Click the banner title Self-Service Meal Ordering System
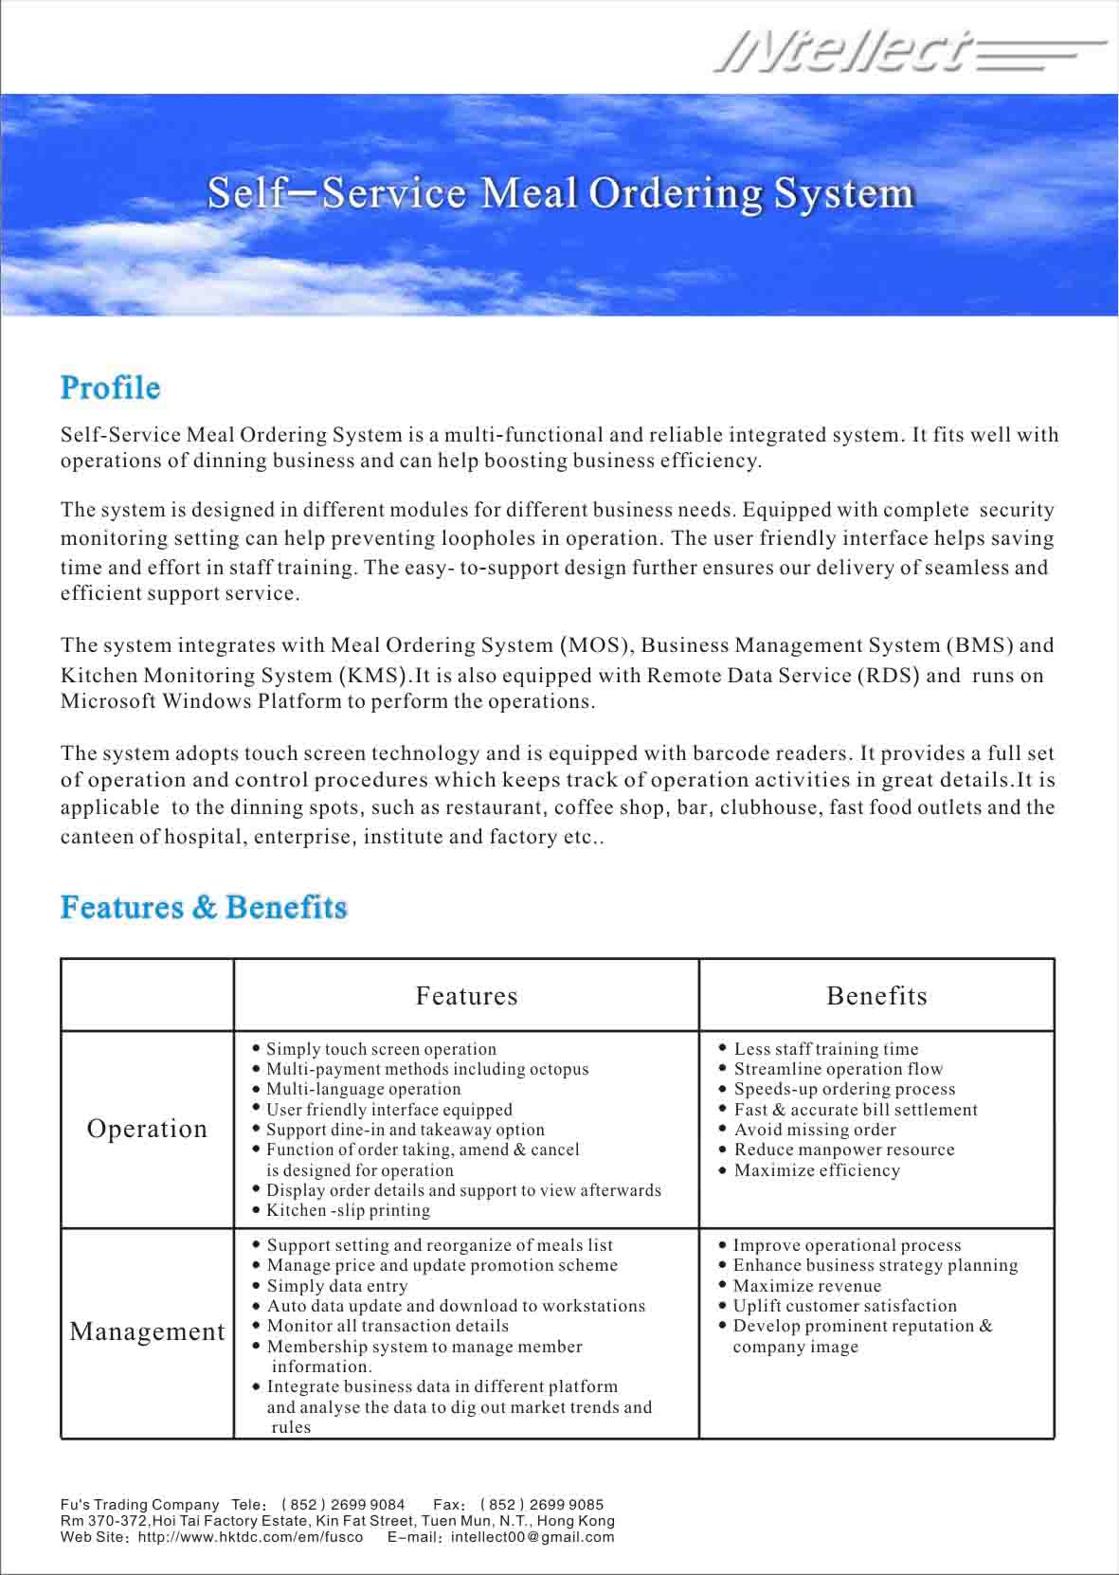561,193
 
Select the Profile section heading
110,388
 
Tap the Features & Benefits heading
204,907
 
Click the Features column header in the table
466,996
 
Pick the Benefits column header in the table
876,996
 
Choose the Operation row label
147,1129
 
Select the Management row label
148,1331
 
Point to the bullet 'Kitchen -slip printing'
348,1210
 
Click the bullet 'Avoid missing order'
815,1130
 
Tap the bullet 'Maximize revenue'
806,1286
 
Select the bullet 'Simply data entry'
337,1286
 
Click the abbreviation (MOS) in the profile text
596,645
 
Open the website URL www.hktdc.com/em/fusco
250,1537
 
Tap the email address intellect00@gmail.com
532,1537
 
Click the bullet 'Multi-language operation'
363,1090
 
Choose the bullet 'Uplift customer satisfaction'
845,1306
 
